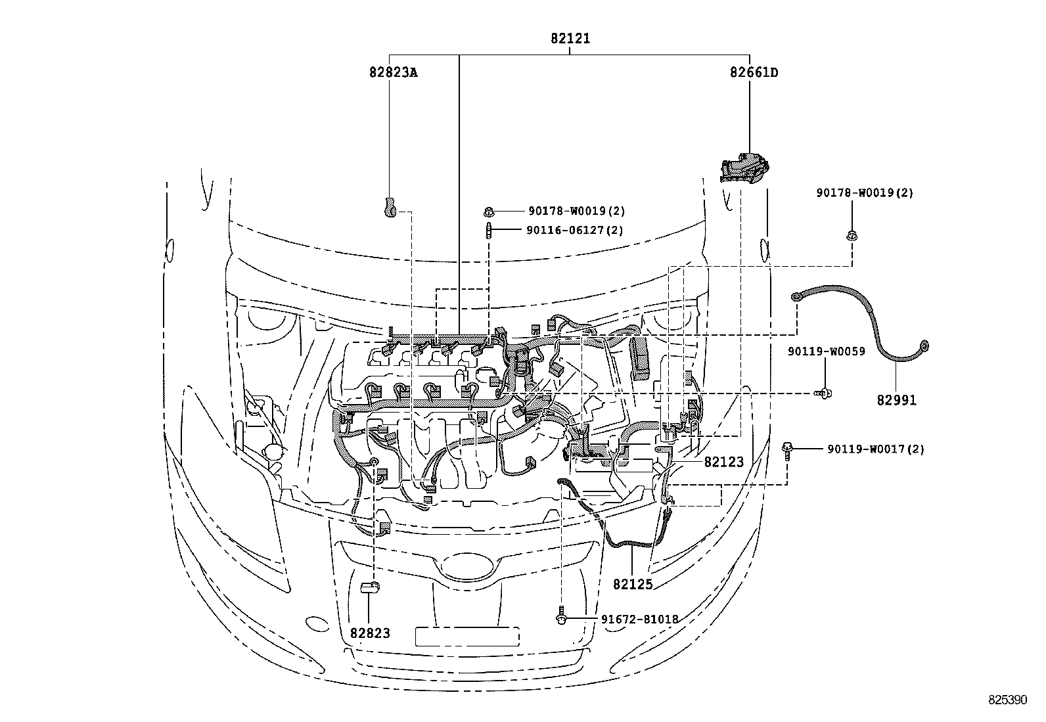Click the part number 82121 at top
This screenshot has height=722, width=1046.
tap(570, 39)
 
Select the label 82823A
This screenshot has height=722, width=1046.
tap(393, 72)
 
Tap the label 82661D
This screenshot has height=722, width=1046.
tap(754, 72)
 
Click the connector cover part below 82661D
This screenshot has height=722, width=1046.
tap(747, 168)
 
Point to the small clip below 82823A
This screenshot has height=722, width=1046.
tap(389, 207)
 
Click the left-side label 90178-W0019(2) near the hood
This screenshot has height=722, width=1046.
tap(576, 211)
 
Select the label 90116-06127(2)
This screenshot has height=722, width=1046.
tap(574, 230)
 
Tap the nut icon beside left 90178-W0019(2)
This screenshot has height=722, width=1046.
tap(489, 211)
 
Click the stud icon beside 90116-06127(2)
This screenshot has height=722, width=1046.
tap(489, 231)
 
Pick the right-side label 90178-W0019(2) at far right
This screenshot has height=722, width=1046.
tap(865, 192)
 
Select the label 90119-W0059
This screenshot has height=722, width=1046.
tap(826, 351)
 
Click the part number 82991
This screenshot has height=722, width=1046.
tap(896, 400)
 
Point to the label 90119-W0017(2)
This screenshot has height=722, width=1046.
tap(875, 449)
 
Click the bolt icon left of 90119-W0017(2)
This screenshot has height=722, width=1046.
tap(786, 449)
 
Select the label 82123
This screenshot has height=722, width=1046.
tap(723, 463)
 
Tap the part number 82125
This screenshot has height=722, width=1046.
tap(633, 583)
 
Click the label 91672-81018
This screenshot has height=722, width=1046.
tap(639, 619)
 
